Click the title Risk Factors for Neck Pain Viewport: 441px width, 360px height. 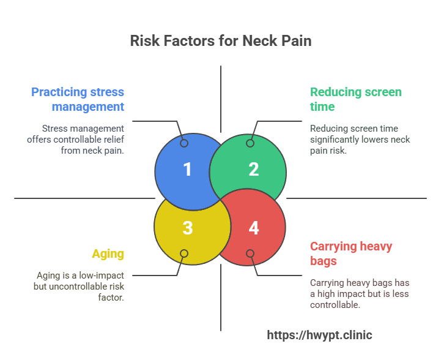pos(220,41)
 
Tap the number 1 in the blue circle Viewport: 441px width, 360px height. pos(187,170)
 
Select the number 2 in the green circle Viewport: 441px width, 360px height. pos(253,170)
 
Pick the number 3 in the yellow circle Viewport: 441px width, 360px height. pos(187,228)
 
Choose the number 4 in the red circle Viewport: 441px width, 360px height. pos(253,228)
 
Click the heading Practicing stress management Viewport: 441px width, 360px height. pos(78,99)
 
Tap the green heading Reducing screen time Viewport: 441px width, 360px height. pos(355,99)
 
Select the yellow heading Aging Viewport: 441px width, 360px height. pos(108,253)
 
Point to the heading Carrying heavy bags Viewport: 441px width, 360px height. pos(350,253)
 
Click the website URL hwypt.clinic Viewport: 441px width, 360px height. pos(319,335)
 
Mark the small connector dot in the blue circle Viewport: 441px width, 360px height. pos(184,143)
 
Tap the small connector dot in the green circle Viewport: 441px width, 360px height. pos(250,143)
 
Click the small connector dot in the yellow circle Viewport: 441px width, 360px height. pos(184,253)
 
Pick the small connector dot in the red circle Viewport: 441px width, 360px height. pos(250,253)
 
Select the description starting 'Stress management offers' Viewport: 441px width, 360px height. pos(83,139)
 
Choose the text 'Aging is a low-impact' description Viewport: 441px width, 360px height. pos(80,286)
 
